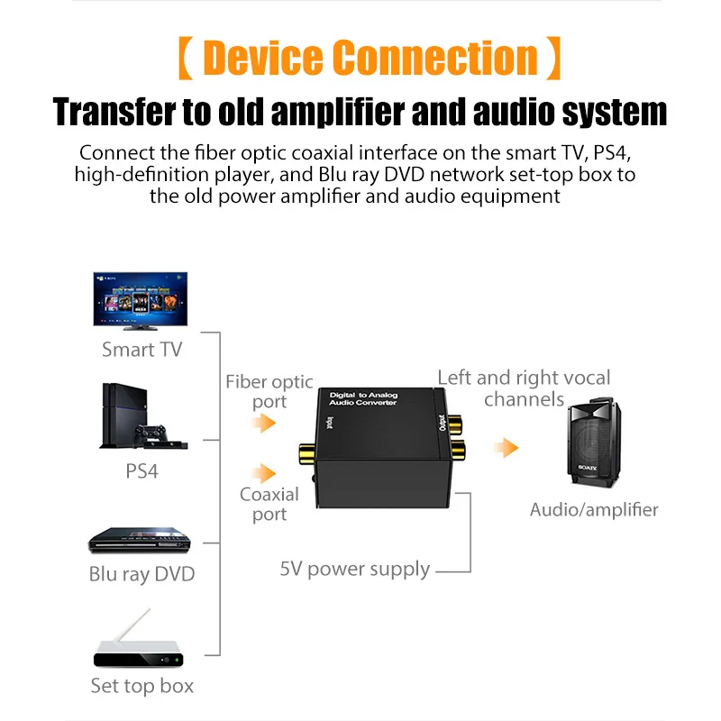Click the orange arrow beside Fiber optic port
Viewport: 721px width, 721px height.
263,423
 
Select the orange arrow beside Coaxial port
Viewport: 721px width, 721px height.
263,472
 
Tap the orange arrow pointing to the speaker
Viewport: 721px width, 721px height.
508,447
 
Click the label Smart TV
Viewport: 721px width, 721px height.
141,350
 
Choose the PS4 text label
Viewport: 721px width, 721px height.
142,470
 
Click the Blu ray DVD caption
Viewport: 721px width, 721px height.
141,574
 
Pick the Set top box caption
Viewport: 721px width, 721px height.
141,686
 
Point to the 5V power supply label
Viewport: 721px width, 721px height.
354,570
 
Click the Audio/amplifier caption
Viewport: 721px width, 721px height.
594,509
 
